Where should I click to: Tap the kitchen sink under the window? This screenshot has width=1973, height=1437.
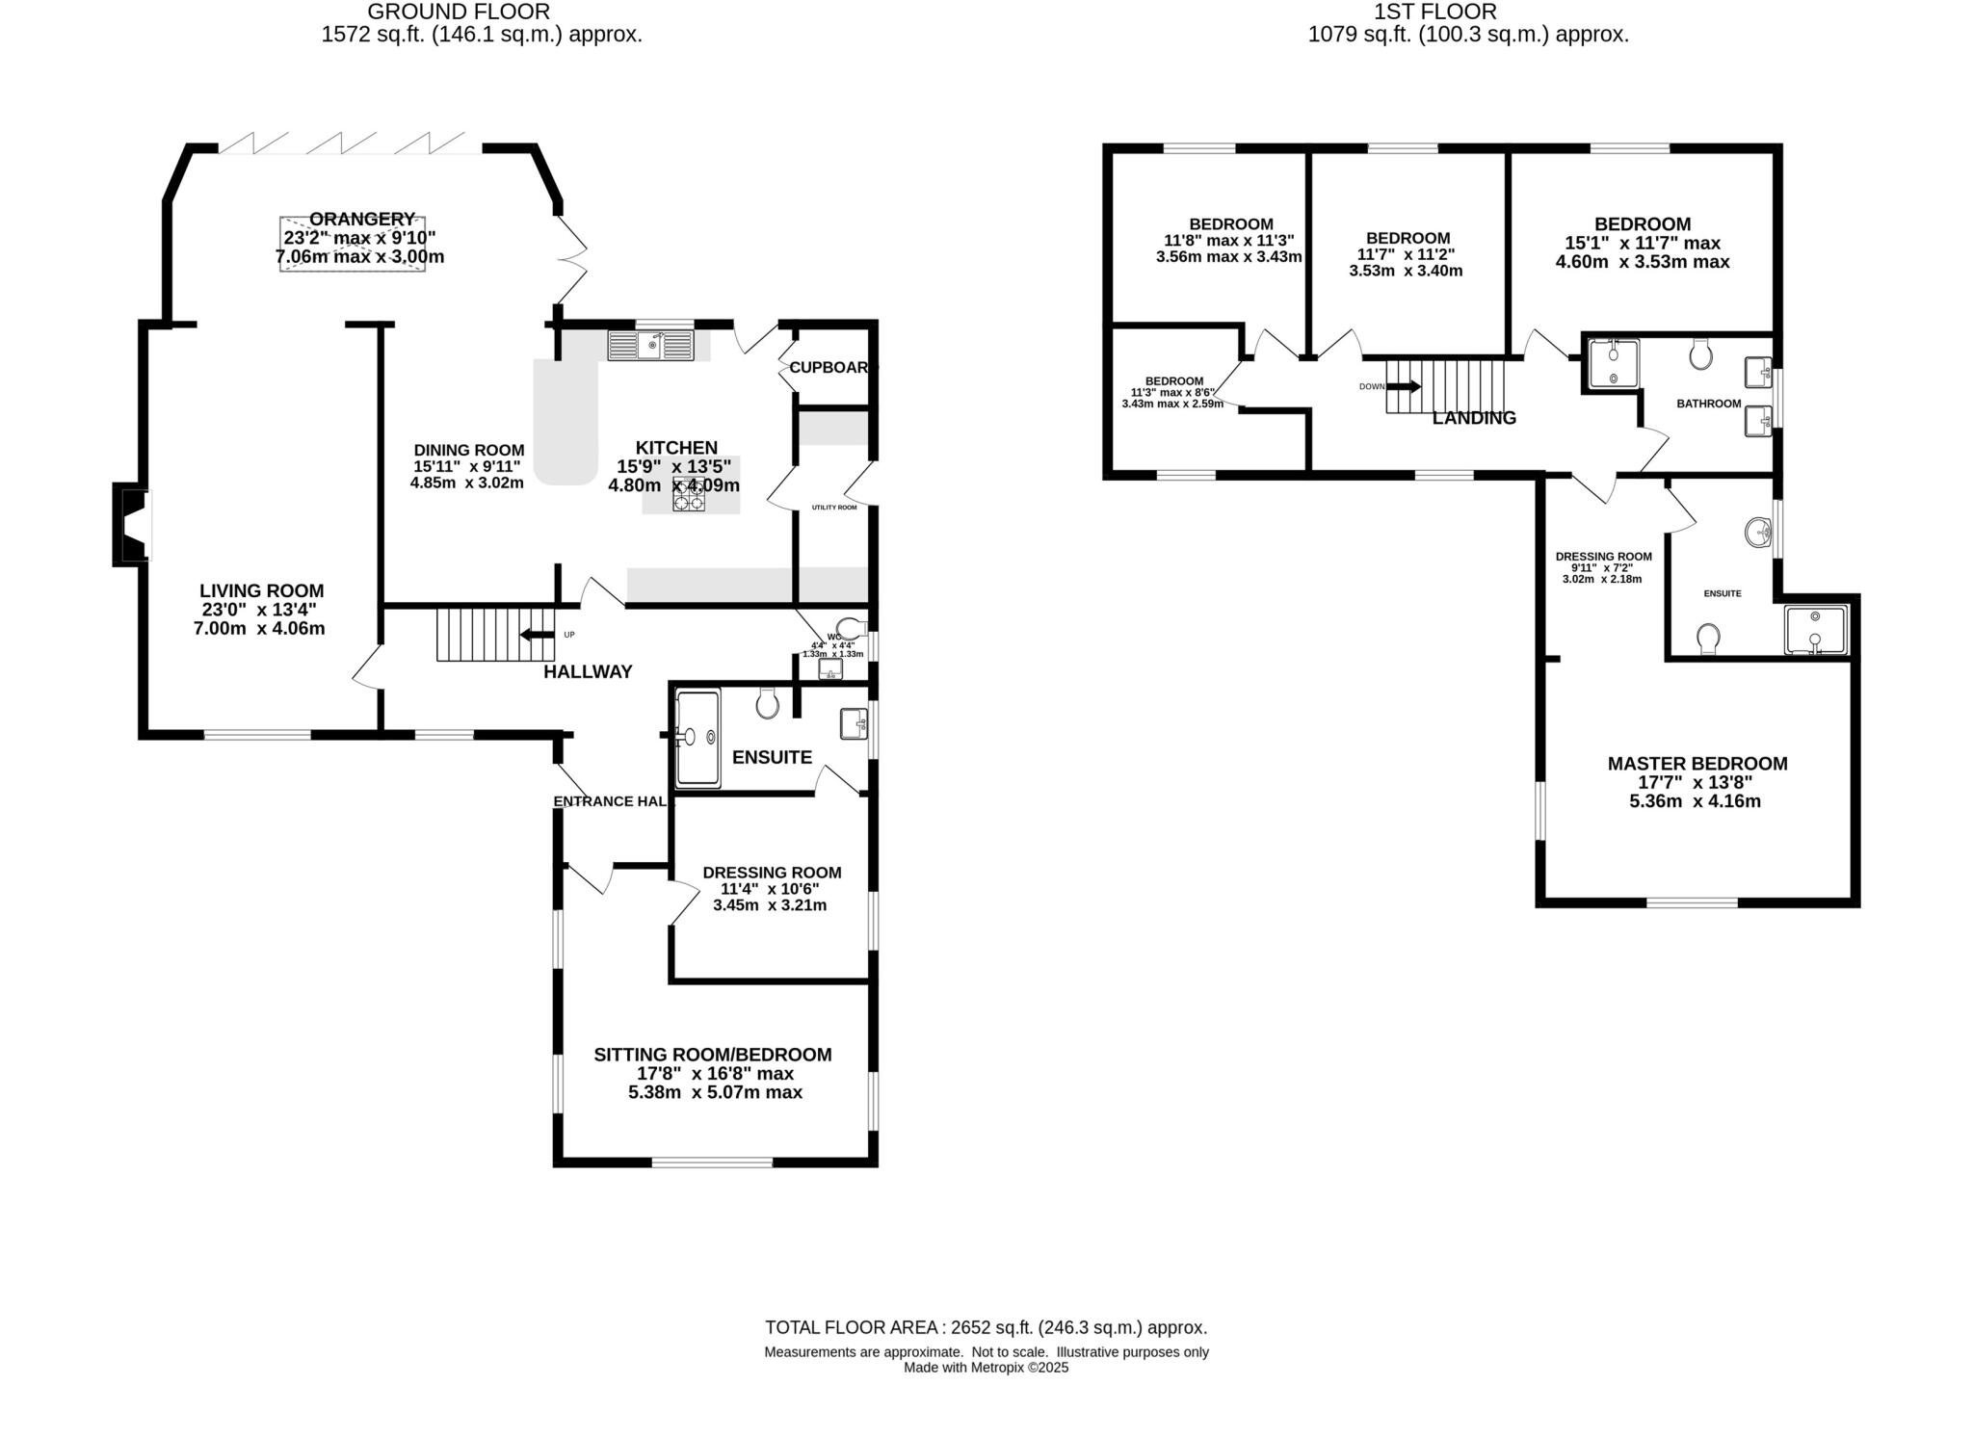[x=650, y=345]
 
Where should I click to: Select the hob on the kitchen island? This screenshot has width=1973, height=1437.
[x=688, y=493]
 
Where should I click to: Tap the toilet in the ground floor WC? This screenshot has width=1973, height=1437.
[x=848, y=627]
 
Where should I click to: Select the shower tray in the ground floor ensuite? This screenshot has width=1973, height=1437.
[x=697, y=739]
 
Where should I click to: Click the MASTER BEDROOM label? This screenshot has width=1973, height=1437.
[x=1697, y=764]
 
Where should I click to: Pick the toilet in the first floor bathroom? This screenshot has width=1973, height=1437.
[x=1701, y=354]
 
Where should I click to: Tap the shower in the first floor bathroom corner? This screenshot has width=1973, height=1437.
[x=1613, y=364]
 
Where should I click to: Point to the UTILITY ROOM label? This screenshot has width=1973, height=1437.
[x=833, y=507]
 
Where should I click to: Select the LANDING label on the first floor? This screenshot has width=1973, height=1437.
[x=1474, y=418]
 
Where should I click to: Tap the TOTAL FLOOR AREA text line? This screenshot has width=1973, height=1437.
[x=986, y=1327]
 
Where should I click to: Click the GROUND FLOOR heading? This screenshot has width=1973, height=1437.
[x=459, y=13]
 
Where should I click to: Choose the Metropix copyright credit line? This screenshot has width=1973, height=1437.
[x=986, y=1368]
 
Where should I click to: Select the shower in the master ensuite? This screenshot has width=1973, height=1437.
[x=1815, y=630]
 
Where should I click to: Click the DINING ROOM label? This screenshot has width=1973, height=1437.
[x=469, y=450]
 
